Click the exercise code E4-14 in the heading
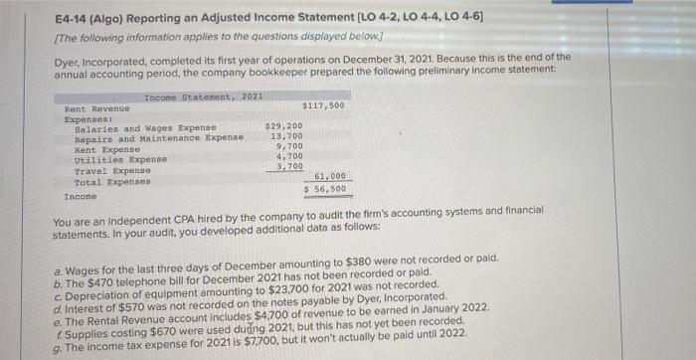click(x=70, y=21)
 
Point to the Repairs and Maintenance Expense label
click(x=159, y=138)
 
